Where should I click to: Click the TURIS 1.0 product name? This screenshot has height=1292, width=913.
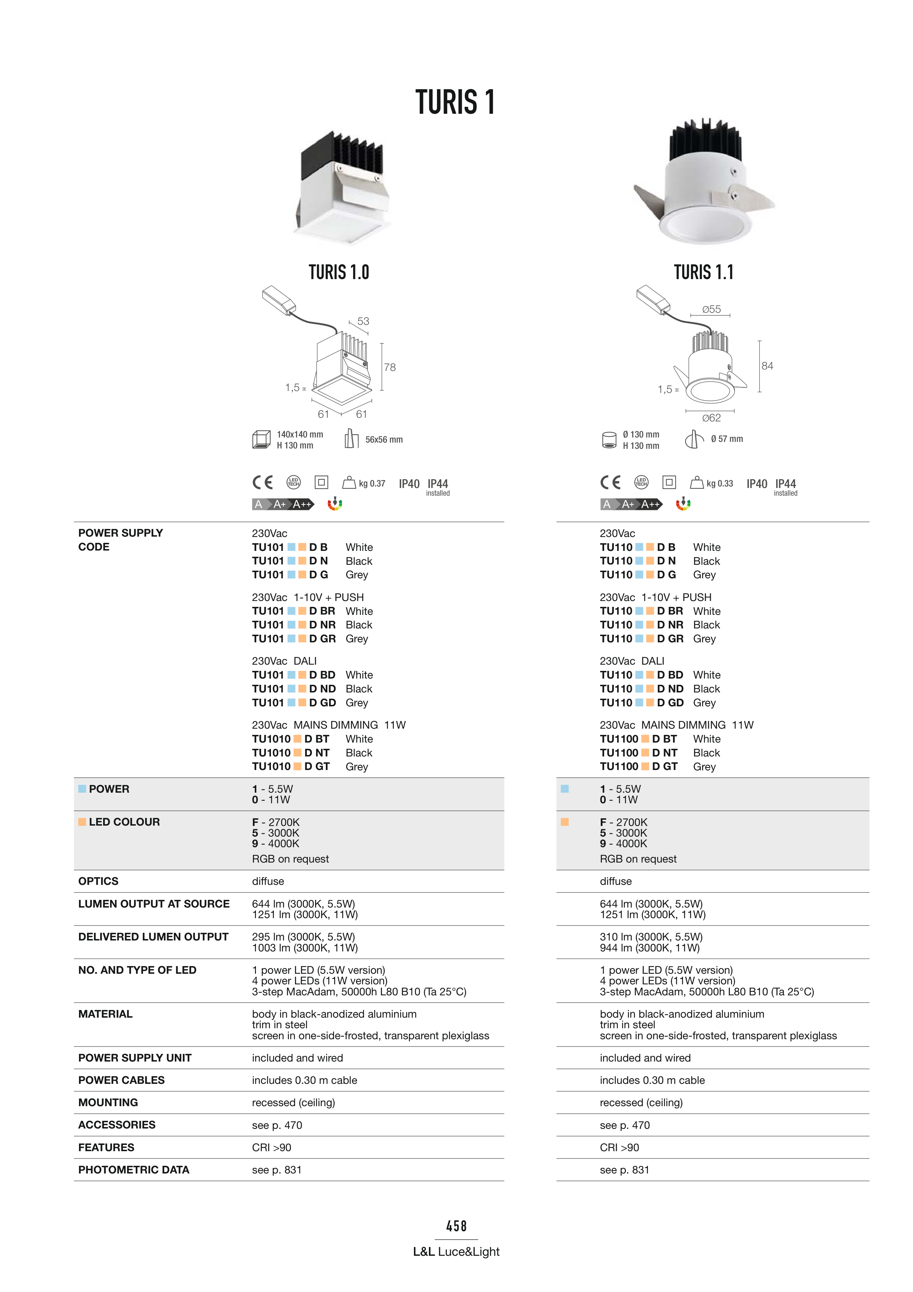point(339,273)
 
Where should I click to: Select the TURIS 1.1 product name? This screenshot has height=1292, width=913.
point(704,273)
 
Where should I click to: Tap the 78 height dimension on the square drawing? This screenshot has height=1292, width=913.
point(390,368)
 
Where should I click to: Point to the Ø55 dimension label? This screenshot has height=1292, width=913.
point(711,309)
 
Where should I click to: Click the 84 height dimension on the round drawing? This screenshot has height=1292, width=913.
point(767,366)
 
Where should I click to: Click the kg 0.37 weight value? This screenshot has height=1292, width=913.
point(372,483)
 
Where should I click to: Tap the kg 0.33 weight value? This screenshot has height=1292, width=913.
point(720,483)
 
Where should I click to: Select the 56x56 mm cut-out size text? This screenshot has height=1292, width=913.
point(384,439)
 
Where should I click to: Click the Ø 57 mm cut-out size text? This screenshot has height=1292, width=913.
point(727,439)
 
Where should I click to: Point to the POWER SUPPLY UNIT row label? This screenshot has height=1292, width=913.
point(135,1058)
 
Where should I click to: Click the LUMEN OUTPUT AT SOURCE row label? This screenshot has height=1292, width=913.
point(154,904)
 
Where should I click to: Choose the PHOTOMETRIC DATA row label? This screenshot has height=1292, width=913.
point(134,1170)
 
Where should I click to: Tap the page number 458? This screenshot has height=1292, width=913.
point(456,1226)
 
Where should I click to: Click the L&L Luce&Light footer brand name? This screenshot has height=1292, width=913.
point(456,1251)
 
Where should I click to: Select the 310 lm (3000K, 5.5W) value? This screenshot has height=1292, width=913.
point(651,937)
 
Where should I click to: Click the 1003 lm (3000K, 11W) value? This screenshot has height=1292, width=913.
point(305,948)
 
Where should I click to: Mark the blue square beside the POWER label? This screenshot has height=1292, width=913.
point(82,789)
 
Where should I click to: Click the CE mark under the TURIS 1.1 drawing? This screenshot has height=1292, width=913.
point(610,483)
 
